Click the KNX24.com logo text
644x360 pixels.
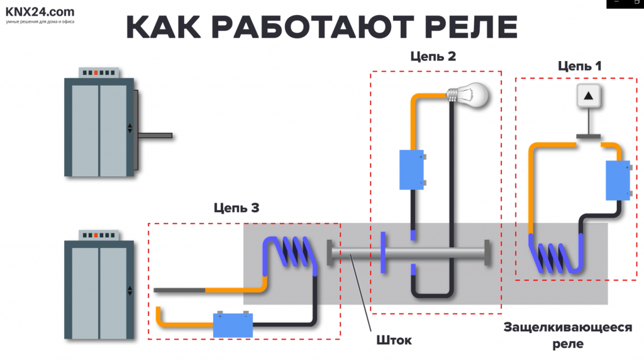[40, 11]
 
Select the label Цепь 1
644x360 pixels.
[579, 65]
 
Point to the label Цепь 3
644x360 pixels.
[236, 208]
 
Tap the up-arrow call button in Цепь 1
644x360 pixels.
[588, 96]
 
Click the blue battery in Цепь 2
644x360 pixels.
[412, 169]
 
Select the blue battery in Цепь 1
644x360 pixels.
[617, 181]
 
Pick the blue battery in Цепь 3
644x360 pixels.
[233, 325]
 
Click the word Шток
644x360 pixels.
[394, 340]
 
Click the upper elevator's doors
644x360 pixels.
[99, 129]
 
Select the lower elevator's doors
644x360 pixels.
[99, 291]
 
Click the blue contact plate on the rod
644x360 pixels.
[382, 253]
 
